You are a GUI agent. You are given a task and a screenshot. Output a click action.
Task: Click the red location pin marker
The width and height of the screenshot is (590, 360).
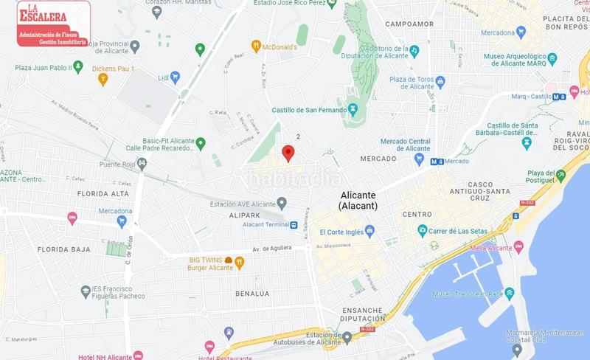coord(288,153)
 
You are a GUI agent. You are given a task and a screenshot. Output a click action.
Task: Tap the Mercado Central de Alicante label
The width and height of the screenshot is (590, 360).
coord(405,144)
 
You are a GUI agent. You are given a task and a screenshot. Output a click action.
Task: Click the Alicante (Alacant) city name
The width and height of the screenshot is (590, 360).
coord(358,201)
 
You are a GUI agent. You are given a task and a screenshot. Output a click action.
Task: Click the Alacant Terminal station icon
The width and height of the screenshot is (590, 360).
coord(294,225)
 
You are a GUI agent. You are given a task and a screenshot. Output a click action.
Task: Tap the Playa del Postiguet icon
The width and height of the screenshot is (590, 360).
coord(561,176)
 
